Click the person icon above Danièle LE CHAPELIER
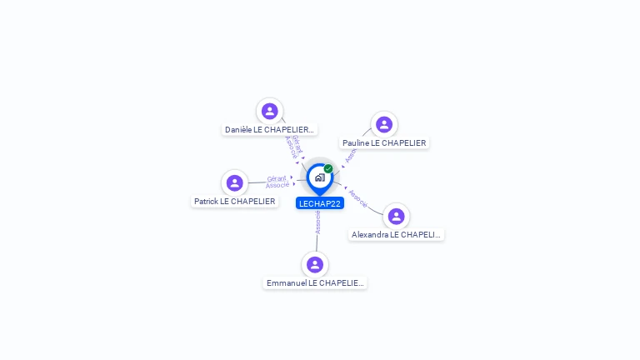(269, 111)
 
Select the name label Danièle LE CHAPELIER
(270, 130)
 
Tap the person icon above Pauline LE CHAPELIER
(383, 125)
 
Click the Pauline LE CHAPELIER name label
(384, 143)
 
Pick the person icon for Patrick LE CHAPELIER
(235, 182)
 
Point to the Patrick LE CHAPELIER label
(235, 202)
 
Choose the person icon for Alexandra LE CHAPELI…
(396, 217)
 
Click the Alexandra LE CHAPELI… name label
(396, 235)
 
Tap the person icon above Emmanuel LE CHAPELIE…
(315, 264)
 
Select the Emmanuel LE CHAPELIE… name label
(315, 283)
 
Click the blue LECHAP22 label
(320, 203)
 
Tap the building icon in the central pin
(319, 177)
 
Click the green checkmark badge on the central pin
(328, 169)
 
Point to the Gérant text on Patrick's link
(277, 178)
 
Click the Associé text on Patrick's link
(277, 185)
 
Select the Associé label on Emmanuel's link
(317, 222)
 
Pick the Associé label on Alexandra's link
(358, 198)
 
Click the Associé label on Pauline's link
(350, 154)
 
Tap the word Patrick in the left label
(206, 202)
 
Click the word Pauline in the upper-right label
(356, 143)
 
